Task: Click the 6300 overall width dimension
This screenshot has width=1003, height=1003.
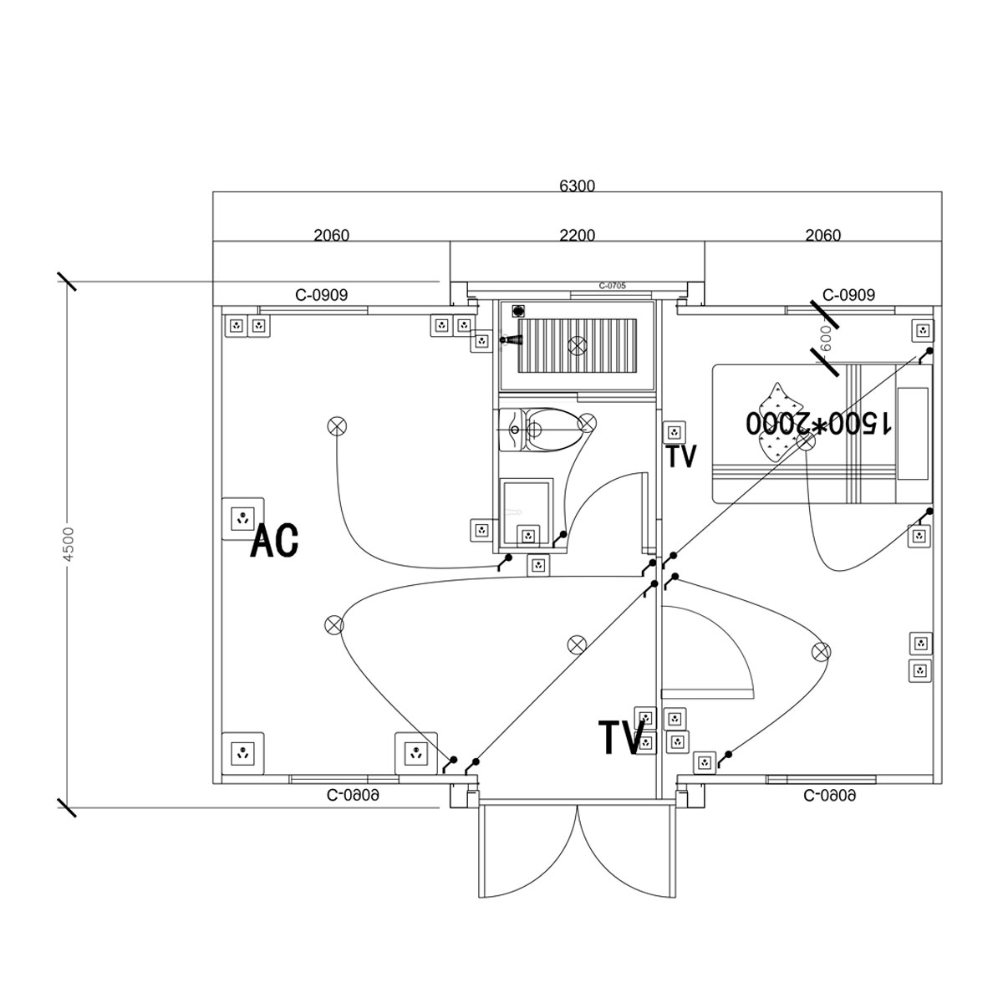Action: pyautogui.click(x=577, y=186)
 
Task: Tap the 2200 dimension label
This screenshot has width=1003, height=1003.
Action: pyautogui.click(x=577, y=235)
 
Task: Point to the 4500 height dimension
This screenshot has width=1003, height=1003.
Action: pyautogui.click(x=69, y=544)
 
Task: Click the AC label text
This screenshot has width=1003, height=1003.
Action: pyautogui.click(x=274, y=541)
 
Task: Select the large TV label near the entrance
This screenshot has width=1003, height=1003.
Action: pyautogui.click(x=622, y=737)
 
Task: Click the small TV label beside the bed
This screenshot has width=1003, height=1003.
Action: pyautogui.click(x=681, y=456)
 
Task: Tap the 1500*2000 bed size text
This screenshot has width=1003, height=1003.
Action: pyautogui.click(x=818, y=423)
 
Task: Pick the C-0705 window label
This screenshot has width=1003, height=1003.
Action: pyautogui.click(x=612, y=286)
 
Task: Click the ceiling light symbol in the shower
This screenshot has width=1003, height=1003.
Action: pyautogui.click(x=577, y=344)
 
